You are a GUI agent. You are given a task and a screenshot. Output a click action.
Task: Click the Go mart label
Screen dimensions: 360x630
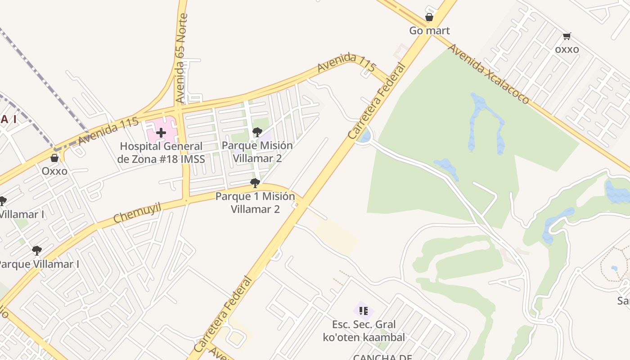point(429,31)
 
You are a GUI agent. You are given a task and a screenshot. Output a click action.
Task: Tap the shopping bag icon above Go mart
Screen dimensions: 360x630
point(429,18)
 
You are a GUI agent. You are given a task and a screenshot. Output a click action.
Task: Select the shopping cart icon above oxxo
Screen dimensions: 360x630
point(567,36)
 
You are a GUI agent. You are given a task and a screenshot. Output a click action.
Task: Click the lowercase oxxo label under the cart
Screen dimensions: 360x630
point(567,49)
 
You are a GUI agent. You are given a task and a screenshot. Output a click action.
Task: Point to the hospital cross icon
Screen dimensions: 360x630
point(161,133)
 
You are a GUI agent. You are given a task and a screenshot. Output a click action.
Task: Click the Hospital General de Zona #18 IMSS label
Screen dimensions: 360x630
point(161,153)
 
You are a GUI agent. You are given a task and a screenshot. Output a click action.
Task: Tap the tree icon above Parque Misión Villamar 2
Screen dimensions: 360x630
point(257,132)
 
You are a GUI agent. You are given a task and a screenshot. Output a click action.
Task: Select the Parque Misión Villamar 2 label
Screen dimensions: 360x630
point(257,152)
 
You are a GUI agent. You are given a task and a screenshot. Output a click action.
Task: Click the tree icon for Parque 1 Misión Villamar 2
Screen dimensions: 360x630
point(255,183)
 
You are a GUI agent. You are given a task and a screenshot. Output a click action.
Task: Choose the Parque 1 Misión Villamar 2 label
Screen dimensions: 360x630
point(255,203)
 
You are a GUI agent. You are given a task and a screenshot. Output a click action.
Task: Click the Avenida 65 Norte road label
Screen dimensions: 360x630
point(181,58)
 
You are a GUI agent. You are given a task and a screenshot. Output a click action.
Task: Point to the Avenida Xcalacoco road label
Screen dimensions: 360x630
point(489,74)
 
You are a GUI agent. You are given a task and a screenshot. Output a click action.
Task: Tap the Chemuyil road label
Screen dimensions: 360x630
point(137,213)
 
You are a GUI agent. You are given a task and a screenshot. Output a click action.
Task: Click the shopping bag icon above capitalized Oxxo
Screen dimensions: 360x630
point(54,158)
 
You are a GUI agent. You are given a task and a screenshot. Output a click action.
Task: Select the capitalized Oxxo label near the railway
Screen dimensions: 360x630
point(54,171)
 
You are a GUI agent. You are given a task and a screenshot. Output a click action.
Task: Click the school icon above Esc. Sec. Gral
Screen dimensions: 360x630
point(364,310)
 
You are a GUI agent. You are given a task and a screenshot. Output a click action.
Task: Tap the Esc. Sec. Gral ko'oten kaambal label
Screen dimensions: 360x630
point(364,331)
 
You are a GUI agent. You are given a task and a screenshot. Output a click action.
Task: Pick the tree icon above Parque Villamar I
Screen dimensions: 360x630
point(37,251)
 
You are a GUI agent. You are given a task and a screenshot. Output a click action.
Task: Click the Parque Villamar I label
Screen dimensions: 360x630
point(39,264)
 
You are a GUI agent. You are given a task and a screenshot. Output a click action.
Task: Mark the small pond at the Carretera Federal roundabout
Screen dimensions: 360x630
point(365,135)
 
